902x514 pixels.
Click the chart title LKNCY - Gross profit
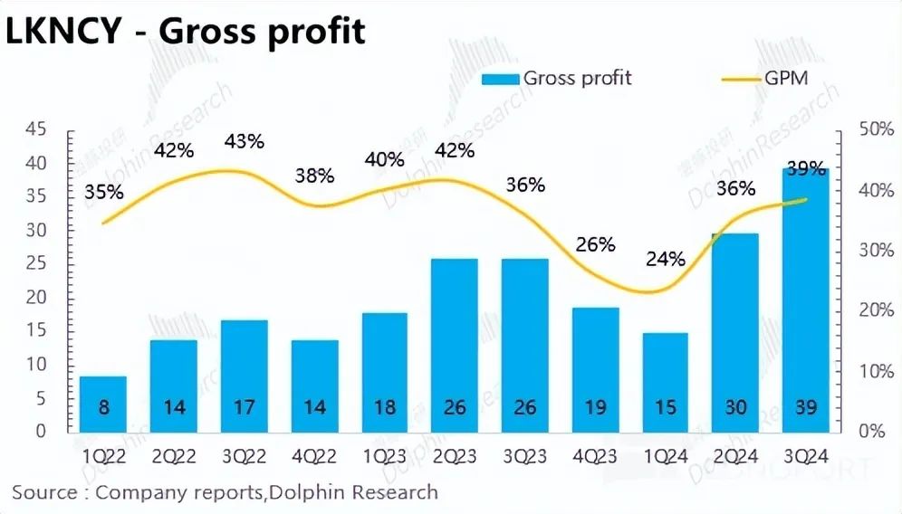click(185, 32)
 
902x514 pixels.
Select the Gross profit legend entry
click(557, 78)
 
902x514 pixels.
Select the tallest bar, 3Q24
click(806, 299)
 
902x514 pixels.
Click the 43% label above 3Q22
click(245, 141)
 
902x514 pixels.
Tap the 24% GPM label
click(667, 259)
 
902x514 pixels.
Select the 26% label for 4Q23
click(596, 244)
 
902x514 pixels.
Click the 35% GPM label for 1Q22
click(103, 192)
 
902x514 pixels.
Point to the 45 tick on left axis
click(35, 130)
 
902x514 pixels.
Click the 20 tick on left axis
click(35, 298)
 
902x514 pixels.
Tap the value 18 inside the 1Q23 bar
click(385, 407)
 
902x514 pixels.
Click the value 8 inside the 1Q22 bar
click(103, 407)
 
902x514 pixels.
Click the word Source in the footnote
click(43, 493)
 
